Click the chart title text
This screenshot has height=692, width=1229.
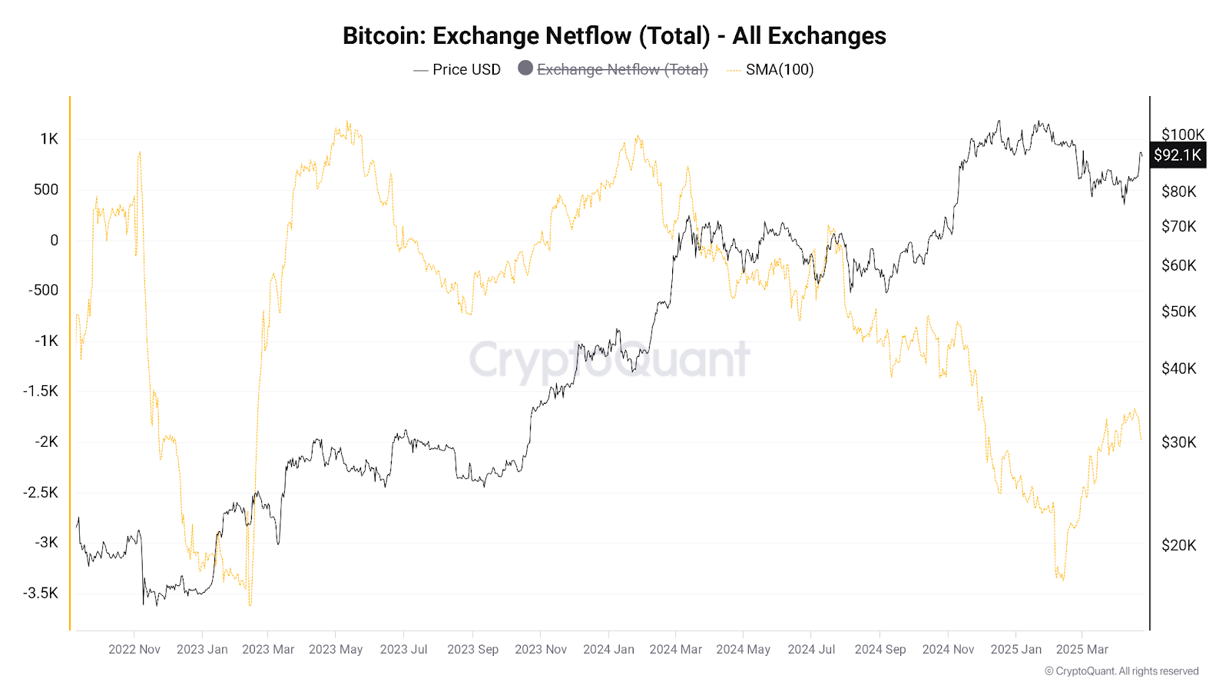(x=614, y=36)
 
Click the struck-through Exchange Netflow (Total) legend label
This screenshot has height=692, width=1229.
(x=622, y=69)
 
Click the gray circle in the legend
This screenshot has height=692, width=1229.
(x=525, y=68)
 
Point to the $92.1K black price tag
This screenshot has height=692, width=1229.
(x=1177, y=155)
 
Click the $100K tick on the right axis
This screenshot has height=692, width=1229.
(x=1183, y=135)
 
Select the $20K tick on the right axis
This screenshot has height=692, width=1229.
(x=1178, y=545)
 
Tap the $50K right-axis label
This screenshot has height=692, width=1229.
(x=1178, y=311)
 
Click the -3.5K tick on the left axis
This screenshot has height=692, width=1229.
(x=41, y=593)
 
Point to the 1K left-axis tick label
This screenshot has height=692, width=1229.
(x=49, y=138)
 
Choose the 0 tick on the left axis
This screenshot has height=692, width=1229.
(x=54, y=240)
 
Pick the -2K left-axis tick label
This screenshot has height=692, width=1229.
(x=46, y=441)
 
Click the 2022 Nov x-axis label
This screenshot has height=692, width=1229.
(x=134, y=649)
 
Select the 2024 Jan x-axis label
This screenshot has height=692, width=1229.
(x=608, y=649)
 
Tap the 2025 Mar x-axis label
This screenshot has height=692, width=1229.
(x=1082, y=649)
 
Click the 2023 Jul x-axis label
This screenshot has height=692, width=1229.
(x=403, y=649)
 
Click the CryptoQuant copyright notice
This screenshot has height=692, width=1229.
(x=1121, y=671)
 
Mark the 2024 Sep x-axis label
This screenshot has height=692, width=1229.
(x=880, y=649)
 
